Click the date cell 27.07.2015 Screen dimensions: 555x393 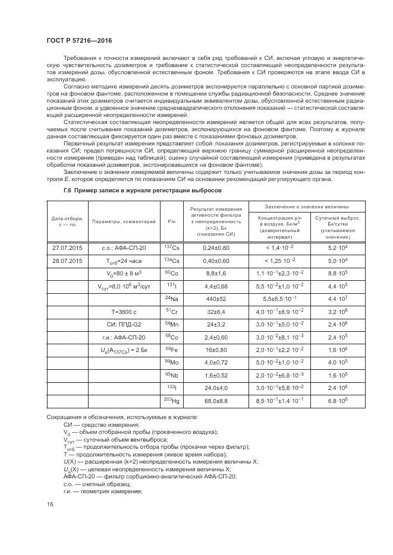coord(68,246)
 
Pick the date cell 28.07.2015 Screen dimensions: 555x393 coord(68,260)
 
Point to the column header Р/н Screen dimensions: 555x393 coord(171,221)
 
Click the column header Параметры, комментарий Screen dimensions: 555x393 coord(124,221)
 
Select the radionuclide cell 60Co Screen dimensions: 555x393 coord(172,273)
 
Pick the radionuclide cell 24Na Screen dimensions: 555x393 coord(171,299)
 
